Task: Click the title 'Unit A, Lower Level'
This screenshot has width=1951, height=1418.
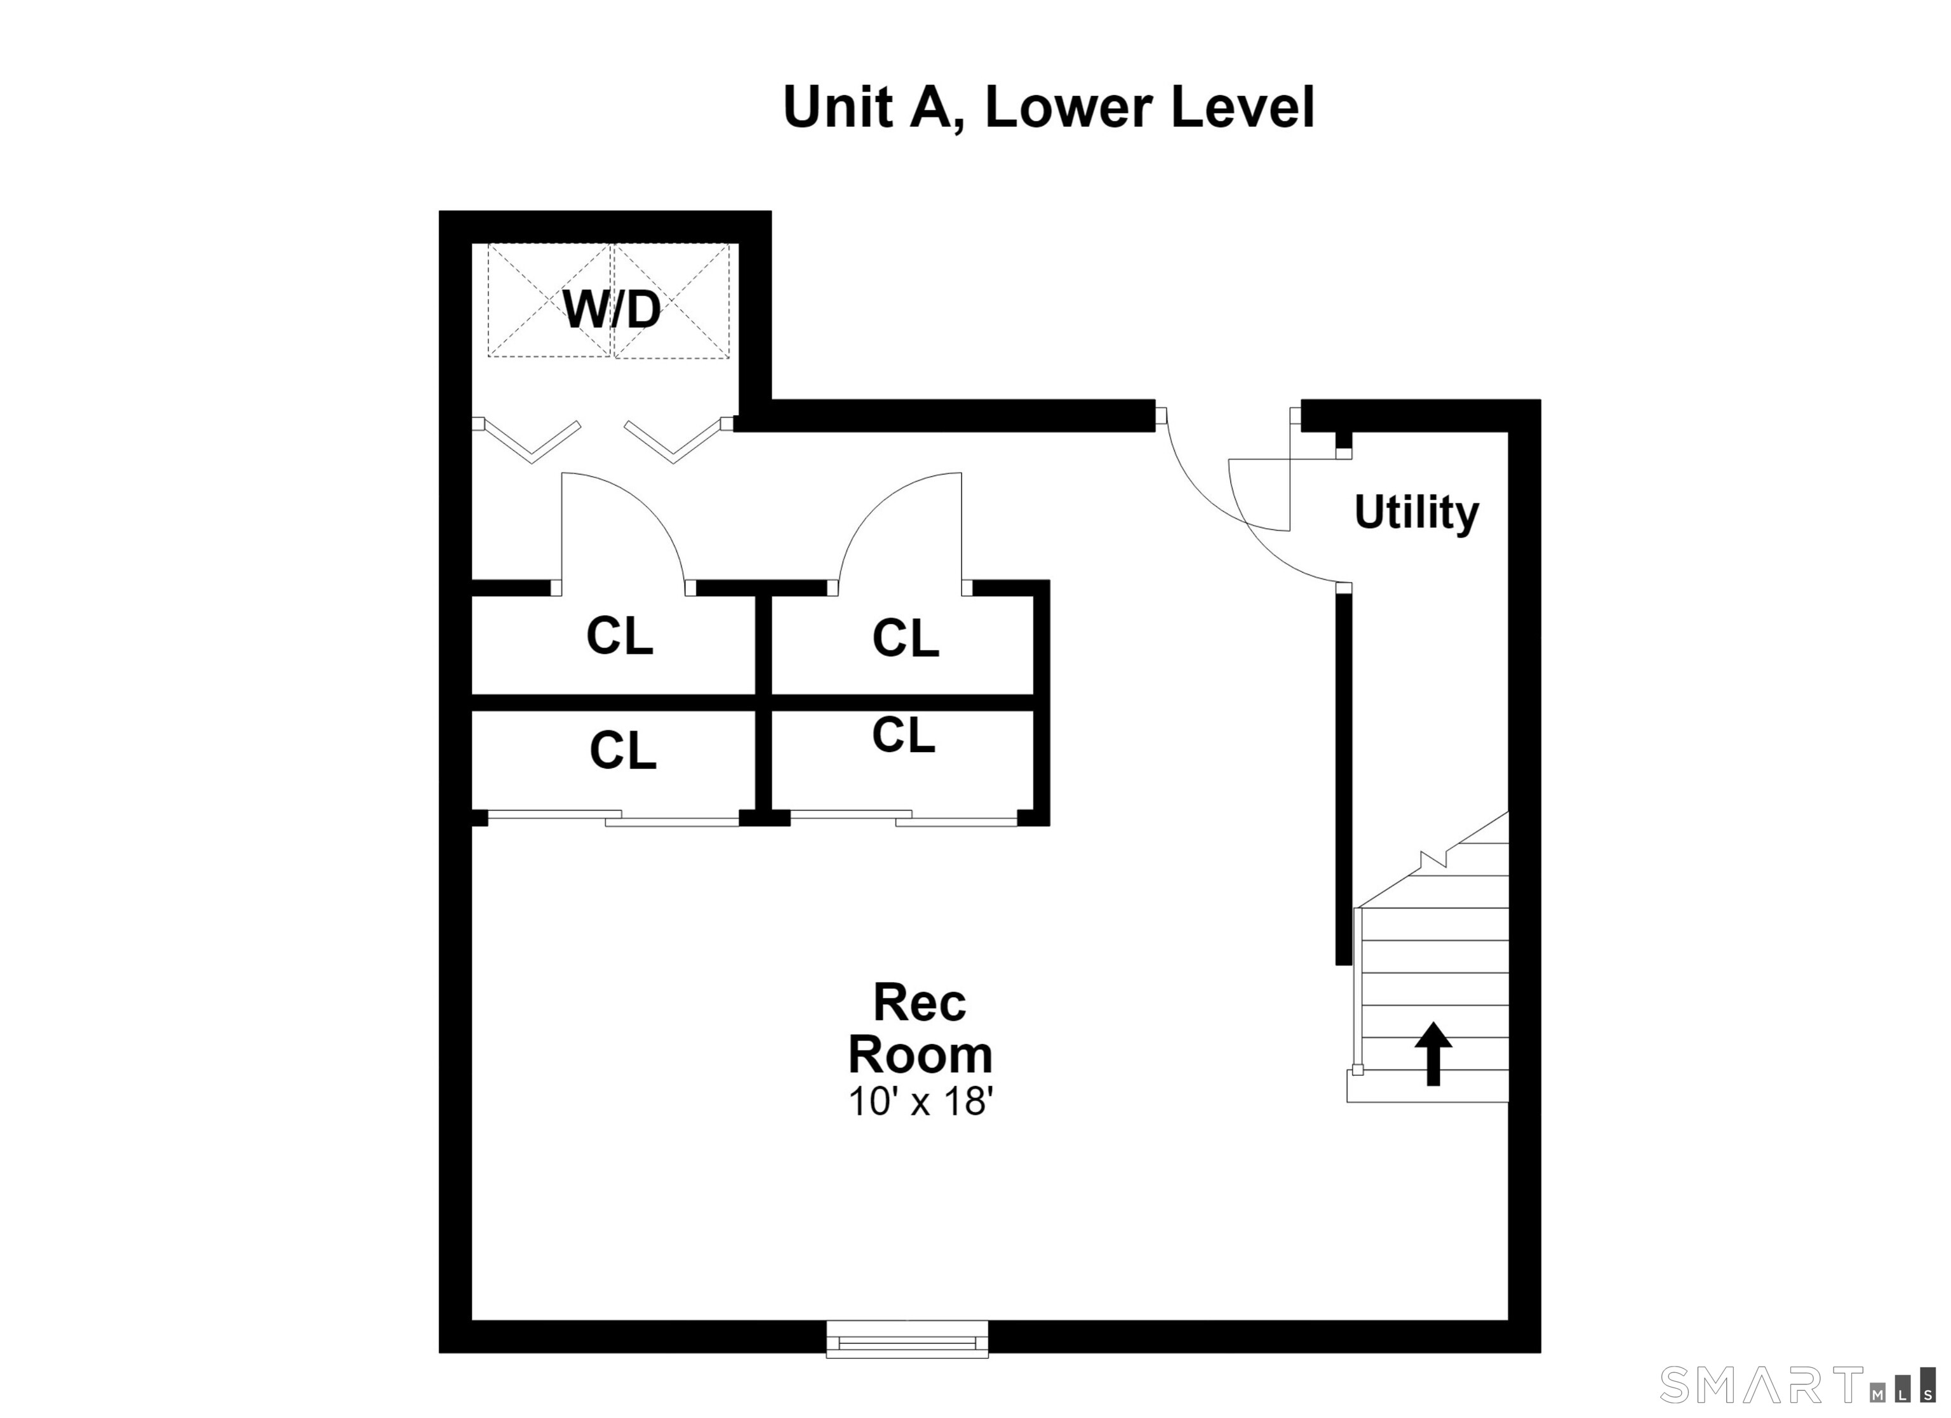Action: click(1049, 109)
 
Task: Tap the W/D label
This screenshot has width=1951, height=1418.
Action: click(612, 310)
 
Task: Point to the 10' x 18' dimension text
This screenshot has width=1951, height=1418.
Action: click(920, 1101)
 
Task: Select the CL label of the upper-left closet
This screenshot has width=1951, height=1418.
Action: click(619, 637)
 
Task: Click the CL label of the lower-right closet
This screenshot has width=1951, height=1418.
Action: click(903, 735)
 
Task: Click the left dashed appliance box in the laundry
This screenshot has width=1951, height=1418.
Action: click(550, 300)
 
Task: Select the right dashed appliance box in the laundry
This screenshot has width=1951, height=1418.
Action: click(671, 300)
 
